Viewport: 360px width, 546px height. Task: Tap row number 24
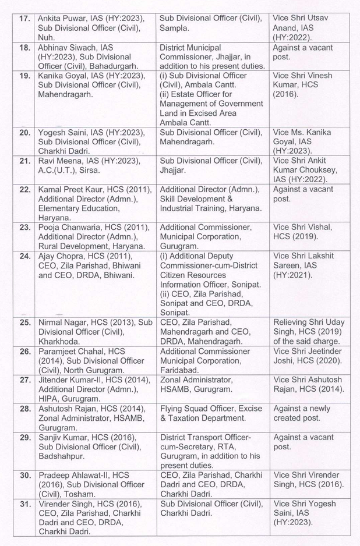click(24, 256)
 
